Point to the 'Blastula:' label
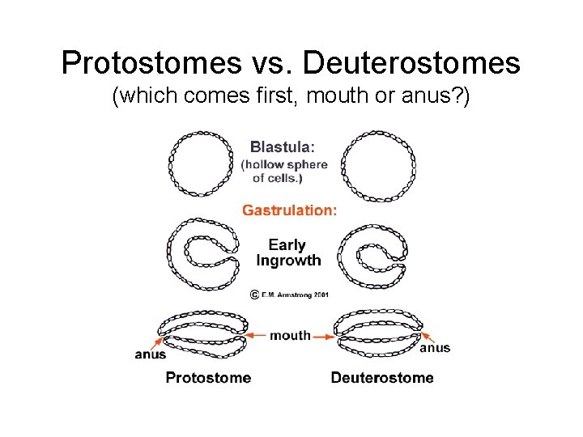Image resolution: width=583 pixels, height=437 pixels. pos(283,147)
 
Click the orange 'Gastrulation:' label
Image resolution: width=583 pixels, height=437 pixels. pos(290,210)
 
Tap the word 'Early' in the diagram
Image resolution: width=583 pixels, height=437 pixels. pos(287,244)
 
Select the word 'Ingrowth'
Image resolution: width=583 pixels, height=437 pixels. pos(288,261)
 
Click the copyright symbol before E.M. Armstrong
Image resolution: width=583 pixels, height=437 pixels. pos(253,295)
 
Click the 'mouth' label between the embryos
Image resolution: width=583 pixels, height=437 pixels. pos(290,335)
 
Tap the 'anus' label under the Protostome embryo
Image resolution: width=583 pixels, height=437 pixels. pos(151,354)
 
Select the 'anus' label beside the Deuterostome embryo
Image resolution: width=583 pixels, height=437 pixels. pos(435,348)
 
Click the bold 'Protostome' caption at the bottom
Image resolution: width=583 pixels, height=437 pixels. pos(208,378)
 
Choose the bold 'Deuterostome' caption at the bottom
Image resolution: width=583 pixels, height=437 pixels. pos(382,378)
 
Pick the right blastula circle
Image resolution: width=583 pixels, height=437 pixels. pos(378,167)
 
